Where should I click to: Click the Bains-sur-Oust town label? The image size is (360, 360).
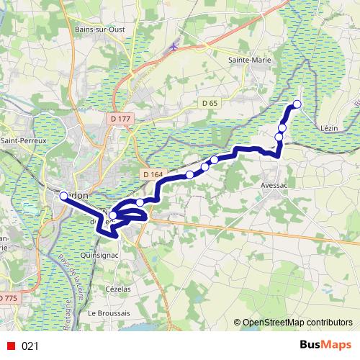(102, 30)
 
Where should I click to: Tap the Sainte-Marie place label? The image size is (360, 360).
(248, 60)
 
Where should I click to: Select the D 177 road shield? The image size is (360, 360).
(121, 118)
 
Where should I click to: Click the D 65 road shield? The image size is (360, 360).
(210, 104)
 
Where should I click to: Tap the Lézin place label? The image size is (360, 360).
(329, 127)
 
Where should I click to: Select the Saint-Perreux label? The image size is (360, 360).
(23, 140)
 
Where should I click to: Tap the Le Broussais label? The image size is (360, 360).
(109, 313)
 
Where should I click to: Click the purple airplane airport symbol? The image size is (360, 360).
(174, 46)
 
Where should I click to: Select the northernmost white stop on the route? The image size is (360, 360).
(297, 105)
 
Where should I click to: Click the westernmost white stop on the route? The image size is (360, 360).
(63, 196)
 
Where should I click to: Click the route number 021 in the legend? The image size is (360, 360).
(30, 346)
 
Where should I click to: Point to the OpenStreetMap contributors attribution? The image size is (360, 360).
(297, 323)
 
